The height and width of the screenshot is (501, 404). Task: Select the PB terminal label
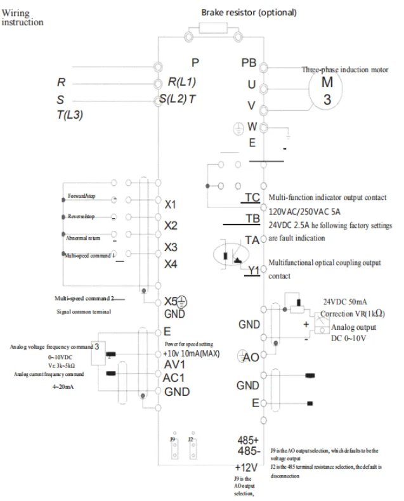tap(249, 63)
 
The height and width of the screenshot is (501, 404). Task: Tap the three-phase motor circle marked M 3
tap(327, 91)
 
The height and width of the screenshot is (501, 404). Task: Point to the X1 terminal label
tap(171, 205)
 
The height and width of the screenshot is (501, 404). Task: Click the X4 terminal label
tap(171, 264)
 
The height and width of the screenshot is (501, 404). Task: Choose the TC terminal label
tap(252, 198)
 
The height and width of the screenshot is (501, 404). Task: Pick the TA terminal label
tap(252, 240)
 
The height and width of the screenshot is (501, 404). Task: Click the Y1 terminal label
tap(254, 270)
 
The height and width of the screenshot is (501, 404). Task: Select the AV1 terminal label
tap(174, 365)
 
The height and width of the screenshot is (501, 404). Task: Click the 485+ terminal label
tap(248, 439)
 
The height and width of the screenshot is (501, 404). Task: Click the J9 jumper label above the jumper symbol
tap(172, 439)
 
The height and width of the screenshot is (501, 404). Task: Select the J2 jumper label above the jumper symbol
tap(190, 439)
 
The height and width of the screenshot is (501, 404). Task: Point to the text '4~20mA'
tap(62, 387)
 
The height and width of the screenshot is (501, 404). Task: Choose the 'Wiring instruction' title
tap(22, 17)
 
